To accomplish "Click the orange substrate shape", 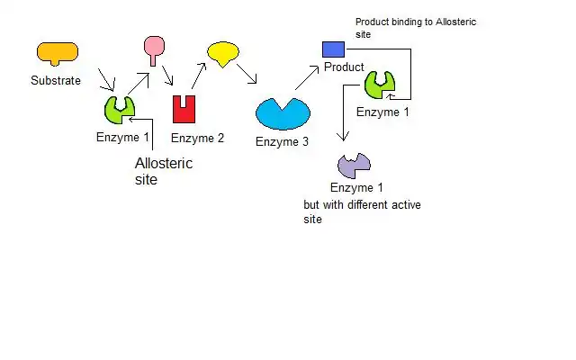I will click(57, 52).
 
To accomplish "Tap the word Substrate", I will click(56, 80).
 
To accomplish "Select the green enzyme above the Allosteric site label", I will click(120, 109).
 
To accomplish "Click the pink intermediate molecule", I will click(156, 48).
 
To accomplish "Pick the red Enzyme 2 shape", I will click(184, 109).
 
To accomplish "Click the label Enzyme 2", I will click(197, 138).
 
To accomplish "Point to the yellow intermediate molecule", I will click(223, 52).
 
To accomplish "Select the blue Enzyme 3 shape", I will click(283, 113).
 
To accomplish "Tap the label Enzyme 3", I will click(282, 141).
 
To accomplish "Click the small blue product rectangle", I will click(334, 49).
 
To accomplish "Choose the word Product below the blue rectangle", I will click(344, 67).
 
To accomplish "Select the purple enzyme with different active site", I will click(354, 165).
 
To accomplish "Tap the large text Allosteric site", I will click(163, 171).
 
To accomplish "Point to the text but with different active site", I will click(363, 211).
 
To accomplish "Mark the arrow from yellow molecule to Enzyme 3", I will click(247, 72).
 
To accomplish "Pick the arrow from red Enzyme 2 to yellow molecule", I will click(198, 76).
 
